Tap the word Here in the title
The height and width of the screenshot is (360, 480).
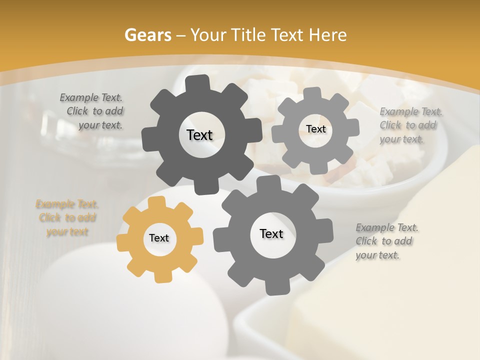coord(328,35)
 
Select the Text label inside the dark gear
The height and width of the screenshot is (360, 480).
coord(199,135)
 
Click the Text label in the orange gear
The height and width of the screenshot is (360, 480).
coord(159,238)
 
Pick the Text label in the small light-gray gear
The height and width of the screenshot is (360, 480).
coord(315,129)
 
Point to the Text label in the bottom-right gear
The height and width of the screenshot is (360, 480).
coord(271,234)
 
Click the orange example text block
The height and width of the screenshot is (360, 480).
coord(67,218)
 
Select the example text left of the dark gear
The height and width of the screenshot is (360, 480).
coord(92,111)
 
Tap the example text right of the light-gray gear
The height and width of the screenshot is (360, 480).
coord(410,125)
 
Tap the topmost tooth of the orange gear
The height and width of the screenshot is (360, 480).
coord(157,202)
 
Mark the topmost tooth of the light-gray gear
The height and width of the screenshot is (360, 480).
coord(313,93)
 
